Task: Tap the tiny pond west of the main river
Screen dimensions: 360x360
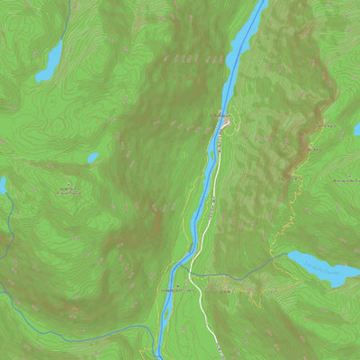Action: pyautogui.click(x=93, y=157)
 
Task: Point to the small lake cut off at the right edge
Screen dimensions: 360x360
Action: pyautogui.click(x=356, y=130)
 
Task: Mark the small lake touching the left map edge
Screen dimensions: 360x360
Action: pyautogui.click(x=3, y=185)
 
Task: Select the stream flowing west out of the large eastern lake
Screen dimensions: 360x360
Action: pyautogui.click(x=261, y=267)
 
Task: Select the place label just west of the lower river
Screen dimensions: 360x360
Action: pyautogui.click(x=175, y=291)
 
